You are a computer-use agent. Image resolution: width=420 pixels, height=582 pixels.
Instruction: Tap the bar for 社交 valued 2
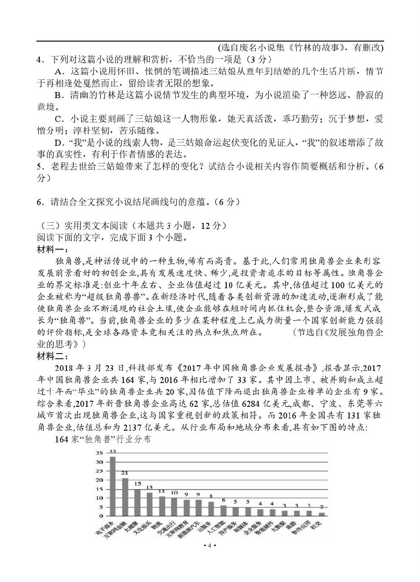pyautogui.click(x=322, y=514)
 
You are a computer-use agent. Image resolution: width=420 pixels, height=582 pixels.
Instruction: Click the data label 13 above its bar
pyautogui.click(x=149, y=488)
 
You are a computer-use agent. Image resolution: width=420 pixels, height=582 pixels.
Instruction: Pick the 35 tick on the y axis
pyautogui.click(x=99, y=453)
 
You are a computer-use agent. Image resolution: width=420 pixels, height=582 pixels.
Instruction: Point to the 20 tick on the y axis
pyautogui.click(x=99, y=480)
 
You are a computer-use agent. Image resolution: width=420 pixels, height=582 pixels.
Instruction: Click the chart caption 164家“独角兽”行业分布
pyautogui.click(x=103, y=440)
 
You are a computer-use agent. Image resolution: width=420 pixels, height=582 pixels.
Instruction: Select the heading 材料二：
pyautogui.click(x=53, y=357)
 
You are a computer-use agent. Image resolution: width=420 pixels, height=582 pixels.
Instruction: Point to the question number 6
pyautogui.click(x=39, y=202)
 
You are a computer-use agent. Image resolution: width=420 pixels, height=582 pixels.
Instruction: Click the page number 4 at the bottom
pyautogui.click(x=210, y=546)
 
